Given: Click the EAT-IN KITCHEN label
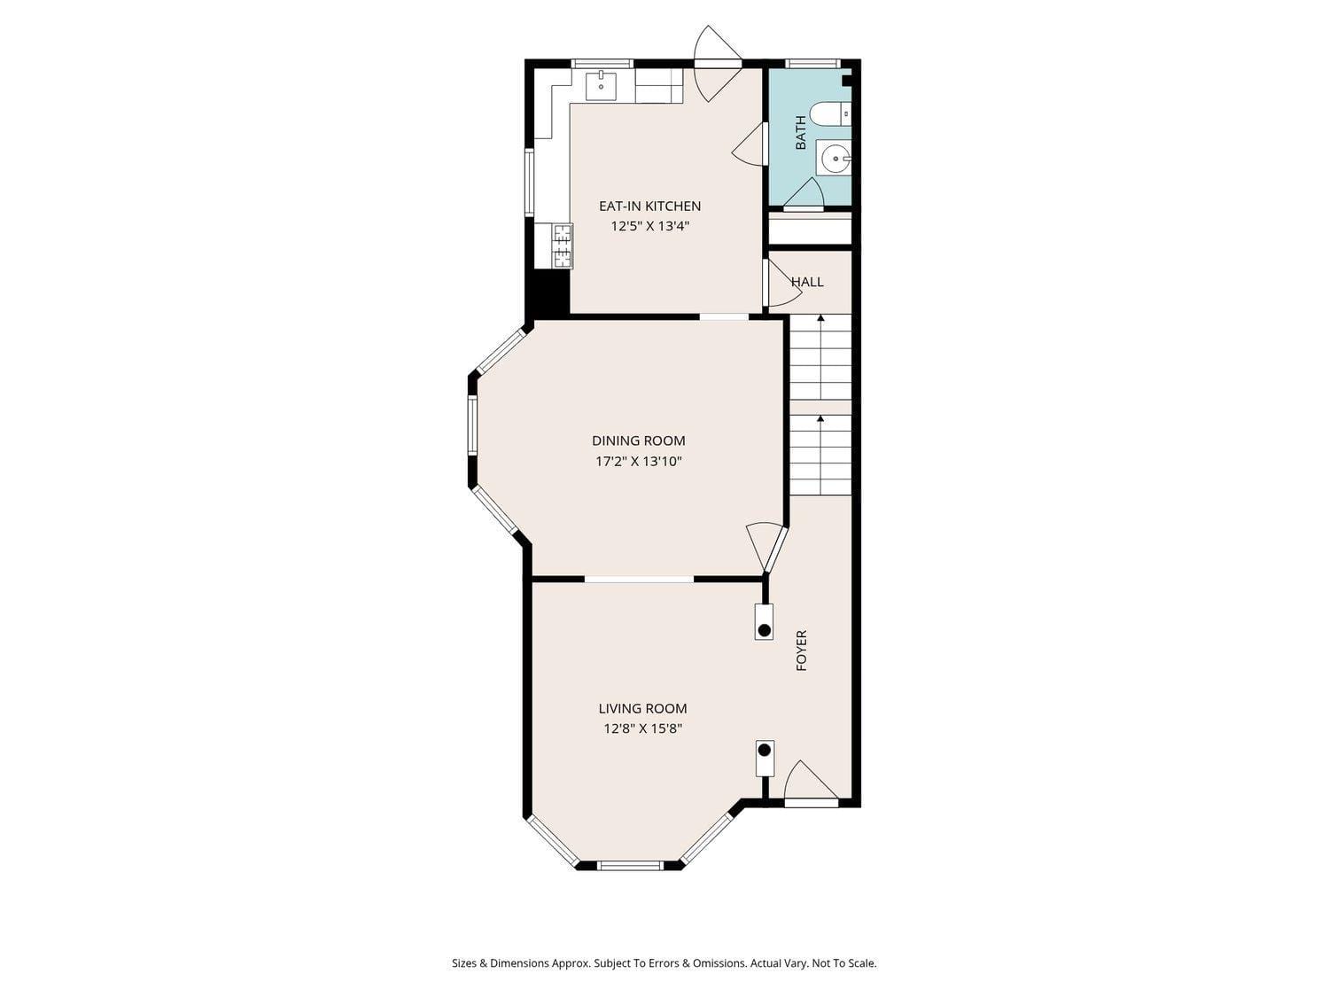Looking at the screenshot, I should tap(649, 206).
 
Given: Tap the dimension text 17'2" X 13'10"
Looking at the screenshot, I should tap(638, 461).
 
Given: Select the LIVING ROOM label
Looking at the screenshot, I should tap(642, 708).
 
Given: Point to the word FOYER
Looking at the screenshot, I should tap(802, 650).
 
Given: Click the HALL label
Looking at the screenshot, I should tap(807, 282).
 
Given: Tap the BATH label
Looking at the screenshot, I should tap(801, 132).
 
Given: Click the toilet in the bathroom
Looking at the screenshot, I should tap(830, 113).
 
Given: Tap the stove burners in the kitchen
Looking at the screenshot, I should tap(563, 246).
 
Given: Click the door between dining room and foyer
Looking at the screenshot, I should tap(767, 548).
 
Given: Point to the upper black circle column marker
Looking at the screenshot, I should tap(764, 630).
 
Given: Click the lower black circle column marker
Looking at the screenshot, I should tap(764, 750).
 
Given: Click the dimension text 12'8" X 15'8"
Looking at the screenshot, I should tap(642, 728).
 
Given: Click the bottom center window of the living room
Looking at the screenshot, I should tap(629, 865).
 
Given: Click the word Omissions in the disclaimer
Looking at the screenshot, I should tap(714, 963).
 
